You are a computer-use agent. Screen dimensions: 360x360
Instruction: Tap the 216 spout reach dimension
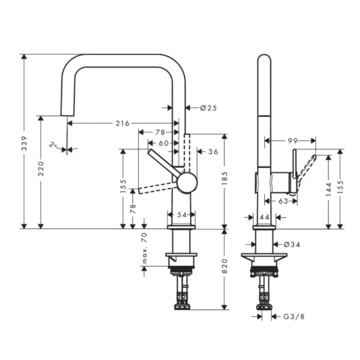122,123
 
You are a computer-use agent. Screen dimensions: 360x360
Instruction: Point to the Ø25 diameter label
208,108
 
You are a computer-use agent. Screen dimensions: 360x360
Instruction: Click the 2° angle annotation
53,145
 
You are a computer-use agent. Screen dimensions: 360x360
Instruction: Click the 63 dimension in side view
283,201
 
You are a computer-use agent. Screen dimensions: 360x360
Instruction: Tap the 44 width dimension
265,218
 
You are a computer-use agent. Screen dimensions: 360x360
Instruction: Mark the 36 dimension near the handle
213,152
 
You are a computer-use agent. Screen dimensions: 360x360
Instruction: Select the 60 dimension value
164,143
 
